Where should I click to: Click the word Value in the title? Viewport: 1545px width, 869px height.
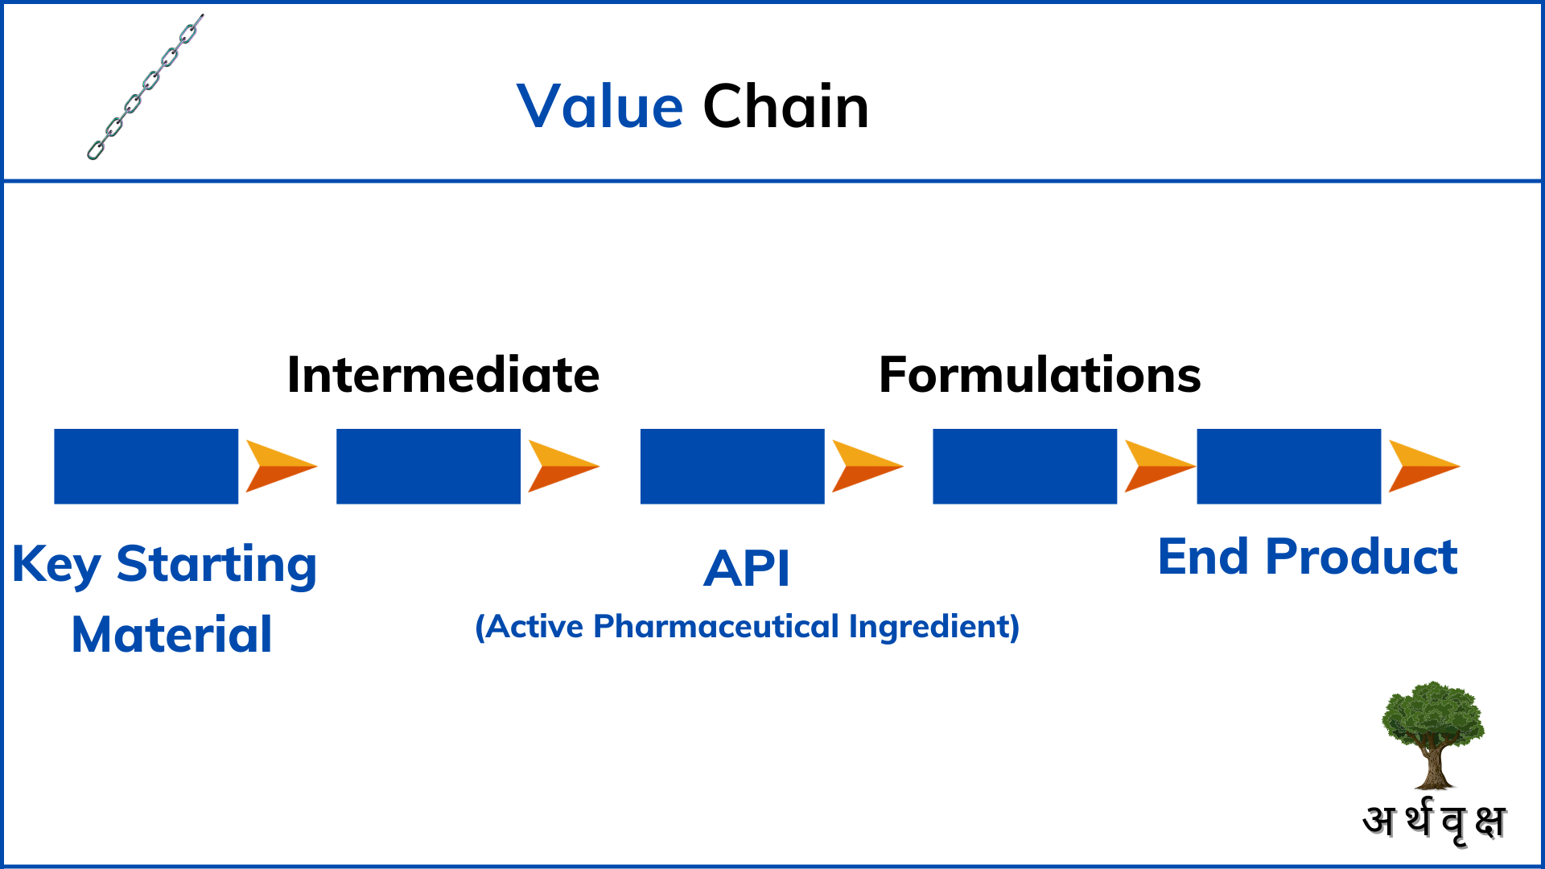click(599, 107)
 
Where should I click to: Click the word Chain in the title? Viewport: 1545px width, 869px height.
click(785, 107)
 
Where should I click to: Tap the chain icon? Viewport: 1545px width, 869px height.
click(145, 87)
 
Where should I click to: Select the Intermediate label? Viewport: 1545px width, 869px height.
click(443, 375)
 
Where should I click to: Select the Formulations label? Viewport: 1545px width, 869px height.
click(1039, 375)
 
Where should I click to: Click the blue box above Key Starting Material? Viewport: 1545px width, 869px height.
click(146, 467)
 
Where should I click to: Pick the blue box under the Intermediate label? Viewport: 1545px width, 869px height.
click(428, 467)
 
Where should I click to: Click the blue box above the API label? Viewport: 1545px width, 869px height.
click(732, 467)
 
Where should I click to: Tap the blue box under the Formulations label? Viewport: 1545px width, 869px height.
click(1024, 467)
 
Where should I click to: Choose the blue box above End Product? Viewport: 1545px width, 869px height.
click(1288, 467)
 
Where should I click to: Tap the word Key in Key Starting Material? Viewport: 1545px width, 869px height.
click(56, 565)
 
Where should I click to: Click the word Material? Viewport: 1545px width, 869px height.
click(171, 635)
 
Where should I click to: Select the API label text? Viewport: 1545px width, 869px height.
click(747, 569)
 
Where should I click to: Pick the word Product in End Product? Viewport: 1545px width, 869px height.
click(1361, 557)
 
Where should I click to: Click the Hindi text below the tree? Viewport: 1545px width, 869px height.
click(1433, 822)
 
